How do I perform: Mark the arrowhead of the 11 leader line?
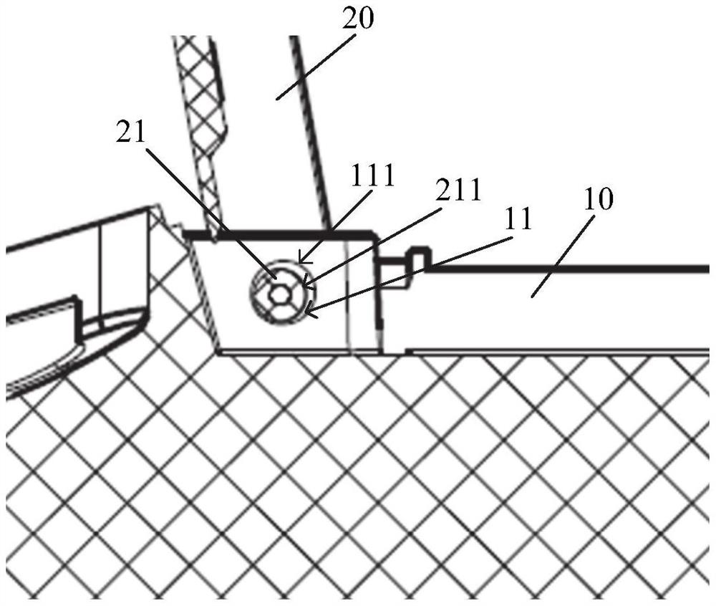pos(308,312)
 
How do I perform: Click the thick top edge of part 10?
pos(573,269)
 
